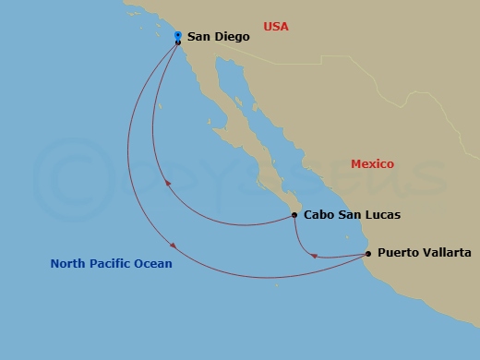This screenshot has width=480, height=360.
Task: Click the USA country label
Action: point(276,27)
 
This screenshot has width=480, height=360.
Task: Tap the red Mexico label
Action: point(372,164)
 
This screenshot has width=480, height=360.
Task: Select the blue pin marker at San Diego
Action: point(177,36)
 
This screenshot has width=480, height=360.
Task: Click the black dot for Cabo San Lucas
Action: point(294,215)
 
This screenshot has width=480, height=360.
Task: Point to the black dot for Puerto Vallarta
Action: point(368,253)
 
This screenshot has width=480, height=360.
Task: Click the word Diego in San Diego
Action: point(231,38)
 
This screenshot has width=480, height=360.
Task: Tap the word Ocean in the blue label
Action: point(153,264)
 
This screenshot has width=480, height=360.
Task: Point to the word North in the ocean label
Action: point(68,264)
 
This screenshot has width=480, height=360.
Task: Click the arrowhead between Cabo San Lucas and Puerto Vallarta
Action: point(315,256)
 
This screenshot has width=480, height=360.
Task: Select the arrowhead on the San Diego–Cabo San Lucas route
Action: point(168,184)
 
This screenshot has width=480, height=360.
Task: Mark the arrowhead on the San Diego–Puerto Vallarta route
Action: point(172,245)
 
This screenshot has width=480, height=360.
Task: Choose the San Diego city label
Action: point(218,38)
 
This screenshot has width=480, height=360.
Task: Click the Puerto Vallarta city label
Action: point(425,253)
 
